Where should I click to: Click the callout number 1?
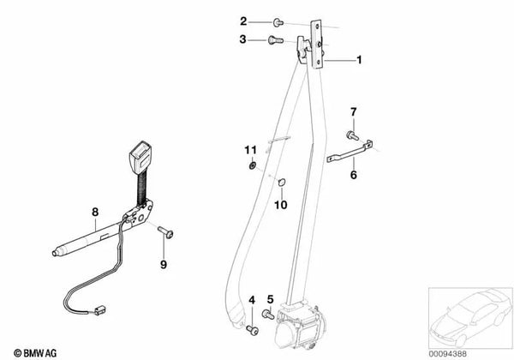pos(360,61)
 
